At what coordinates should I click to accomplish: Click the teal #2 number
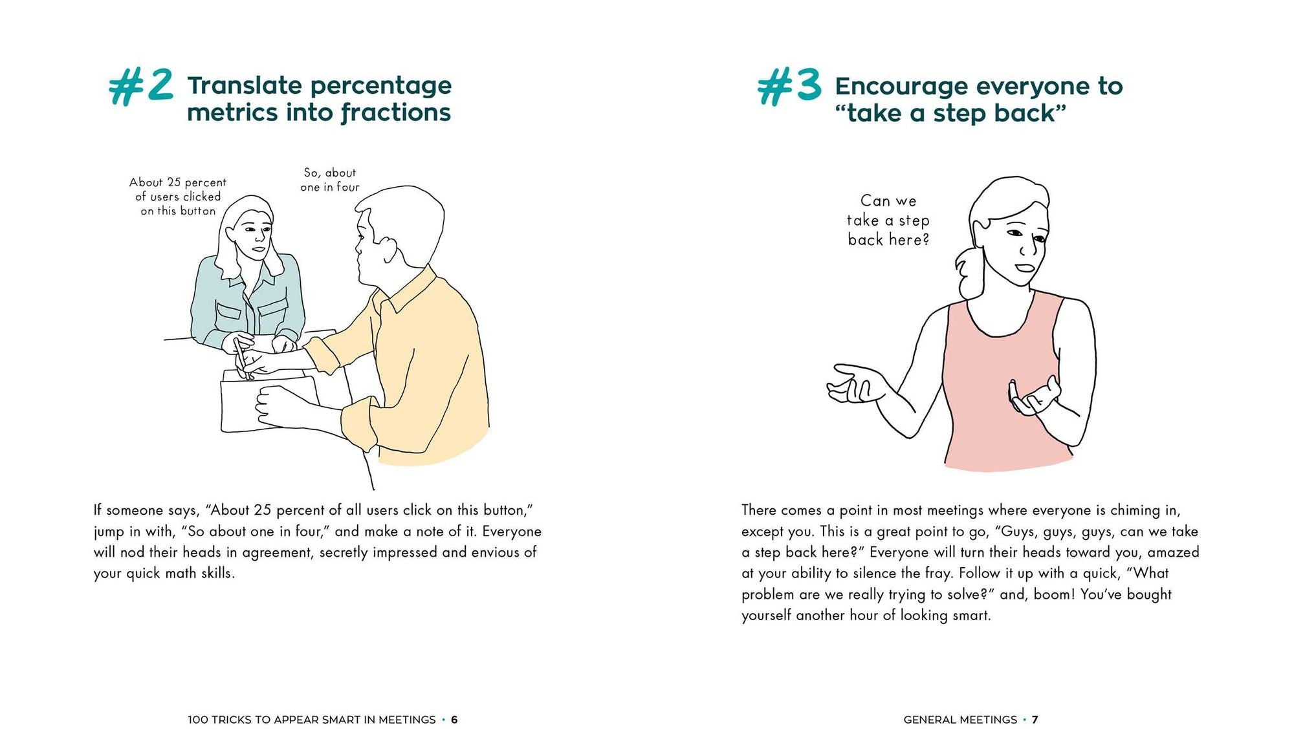pos(141,87)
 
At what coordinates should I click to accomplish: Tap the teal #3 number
pos(789,87)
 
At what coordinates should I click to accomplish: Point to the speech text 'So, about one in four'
pos(329,180)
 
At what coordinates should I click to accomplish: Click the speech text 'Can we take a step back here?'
pos(888,221)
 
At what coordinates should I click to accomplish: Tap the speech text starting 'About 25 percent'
pos(178,197)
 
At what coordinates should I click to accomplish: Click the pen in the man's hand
pos(242,360)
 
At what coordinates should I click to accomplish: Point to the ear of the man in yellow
pos(388,249)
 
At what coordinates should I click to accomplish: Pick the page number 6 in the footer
pos(454,720)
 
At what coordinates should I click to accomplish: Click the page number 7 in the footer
pos(1035,720)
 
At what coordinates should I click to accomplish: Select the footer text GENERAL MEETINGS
pos(960,720)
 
